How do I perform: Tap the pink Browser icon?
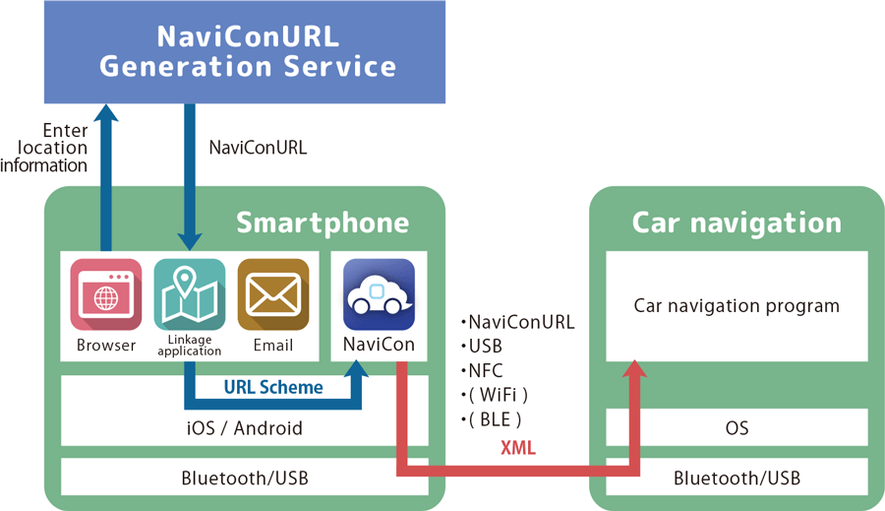tap(105, 294)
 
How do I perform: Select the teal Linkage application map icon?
tap(190, 294)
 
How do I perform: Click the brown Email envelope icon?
tap(272, 294)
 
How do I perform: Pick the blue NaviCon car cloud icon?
tap(379, 294)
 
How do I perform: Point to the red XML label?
tap(518, 448)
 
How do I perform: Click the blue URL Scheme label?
tap(272, 387)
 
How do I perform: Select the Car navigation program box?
tap(737, 306)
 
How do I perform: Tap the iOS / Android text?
tap(245, 428)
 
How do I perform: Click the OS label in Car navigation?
tap(737, 428)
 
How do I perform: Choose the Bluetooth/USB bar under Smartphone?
tap(245, 479)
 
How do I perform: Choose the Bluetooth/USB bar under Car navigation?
tap(737, 479)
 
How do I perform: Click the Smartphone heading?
tap(323, 223)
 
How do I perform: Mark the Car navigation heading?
tap(737, 223)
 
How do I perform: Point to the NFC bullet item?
tap(486, 371)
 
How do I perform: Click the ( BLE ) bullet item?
tap(492, 419)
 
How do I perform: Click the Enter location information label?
tap(44, 148)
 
